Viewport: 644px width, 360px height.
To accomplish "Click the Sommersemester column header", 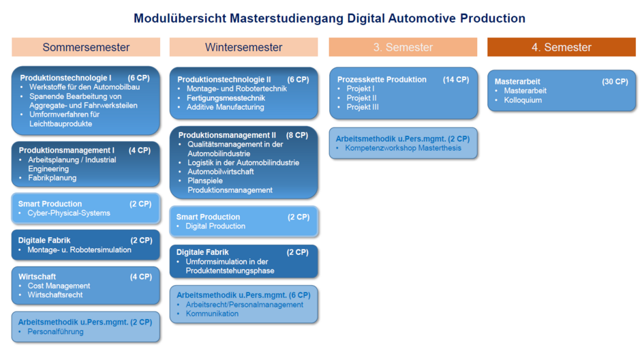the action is click(x=86, y=47).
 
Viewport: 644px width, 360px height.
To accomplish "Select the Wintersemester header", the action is click(x=243, y=47).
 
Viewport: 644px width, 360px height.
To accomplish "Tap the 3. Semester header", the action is click(x=403, y=47).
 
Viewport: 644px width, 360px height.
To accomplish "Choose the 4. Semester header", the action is click(x=562, y=47).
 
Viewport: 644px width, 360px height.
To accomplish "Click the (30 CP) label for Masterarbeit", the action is click(x=615, y=82).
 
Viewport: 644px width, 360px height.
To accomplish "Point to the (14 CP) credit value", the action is click(x=456, y=80).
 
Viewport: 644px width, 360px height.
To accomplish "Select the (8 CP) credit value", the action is click(x=297, y=135).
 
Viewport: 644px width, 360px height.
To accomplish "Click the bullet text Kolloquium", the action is click(x=523, y=100).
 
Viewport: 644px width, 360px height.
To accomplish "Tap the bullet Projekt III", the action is click(x=363, y=107).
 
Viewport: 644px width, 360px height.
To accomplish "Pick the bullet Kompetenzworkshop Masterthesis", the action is click(x=403, y=148).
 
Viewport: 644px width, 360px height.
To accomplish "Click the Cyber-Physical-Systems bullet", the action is click(x=69, y=213).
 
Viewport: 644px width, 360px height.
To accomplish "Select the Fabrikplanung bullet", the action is click(x=52, y=178).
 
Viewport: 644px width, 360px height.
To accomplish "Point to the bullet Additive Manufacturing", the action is click(x=225, y=107).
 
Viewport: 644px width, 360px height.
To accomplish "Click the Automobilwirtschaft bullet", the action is click(x=221, y=172).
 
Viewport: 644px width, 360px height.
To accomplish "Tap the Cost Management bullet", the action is click(x=59, y=286).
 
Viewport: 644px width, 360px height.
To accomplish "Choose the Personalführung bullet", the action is click(x=55, y=331).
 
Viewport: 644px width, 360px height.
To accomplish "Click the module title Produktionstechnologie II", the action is click(x=224, y=80).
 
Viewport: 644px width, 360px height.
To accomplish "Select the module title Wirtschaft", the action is click(x=37, y=277).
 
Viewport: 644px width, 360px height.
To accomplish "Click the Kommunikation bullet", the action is click(x=212, y=314).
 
